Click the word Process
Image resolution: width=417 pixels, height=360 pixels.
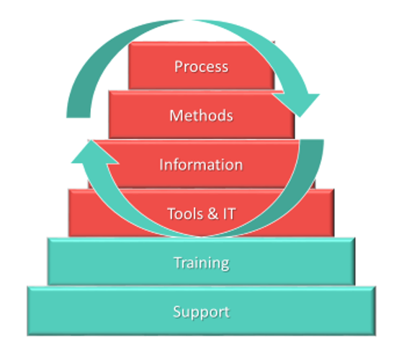[x=202, y=66]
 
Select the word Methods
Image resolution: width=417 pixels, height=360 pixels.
[x=202, y=115]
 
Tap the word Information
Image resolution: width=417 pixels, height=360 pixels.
[x=201, y=165]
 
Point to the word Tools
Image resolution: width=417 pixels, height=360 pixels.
[x=185, y=214]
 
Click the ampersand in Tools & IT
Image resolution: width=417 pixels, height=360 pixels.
[x=212, y=214]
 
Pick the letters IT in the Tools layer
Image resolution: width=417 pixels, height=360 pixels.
[x=229, y=214]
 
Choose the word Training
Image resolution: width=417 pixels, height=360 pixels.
[x=202, y=263]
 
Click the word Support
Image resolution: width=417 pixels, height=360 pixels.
[x=202, y=312]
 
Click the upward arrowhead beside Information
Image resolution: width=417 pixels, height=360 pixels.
[x=93, y=153]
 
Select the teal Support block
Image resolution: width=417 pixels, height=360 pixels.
[x=202, y=311]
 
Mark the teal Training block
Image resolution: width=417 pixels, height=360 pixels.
[x=202, y=261]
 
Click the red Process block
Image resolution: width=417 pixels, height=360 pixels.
[x=202, y=66]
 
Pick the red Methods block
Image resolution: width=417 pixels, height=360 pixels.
[x=202, y=114]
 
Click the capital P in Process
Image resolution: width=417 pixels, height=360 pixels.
[x=179, y=66]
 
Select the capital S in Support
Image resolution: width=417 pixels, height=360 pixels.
[x=177, y=311]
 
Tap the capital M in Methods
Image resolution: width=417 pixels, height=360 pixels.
[x=176, y=115]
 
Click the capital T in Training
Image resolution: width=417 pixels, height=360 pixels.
[x=179, y=262]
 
